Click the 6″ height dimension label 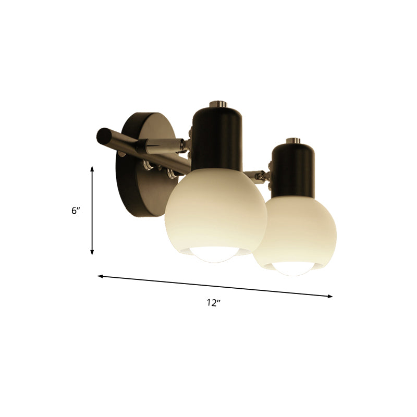76,211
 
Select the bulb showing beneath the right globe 295,268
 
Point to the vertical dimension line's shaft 92,211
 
